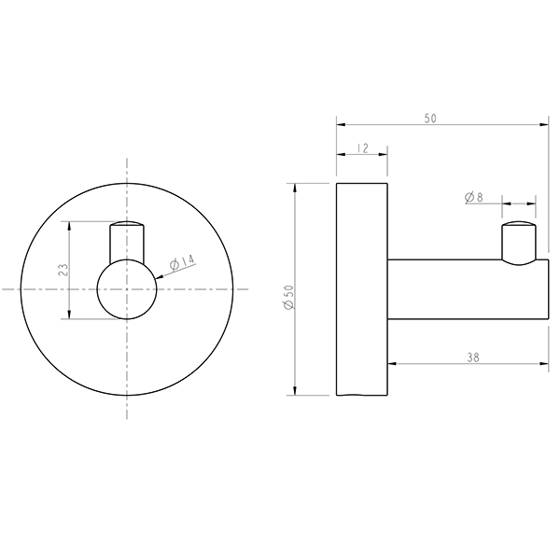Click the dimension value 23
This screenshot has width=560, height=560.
(63, 270)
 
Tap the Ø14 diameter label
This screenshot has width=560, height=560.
(183, 263)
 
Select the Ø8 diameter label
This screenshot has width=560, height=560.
(473, 197)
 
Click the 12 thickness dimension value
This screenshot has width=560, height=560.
(362, 148)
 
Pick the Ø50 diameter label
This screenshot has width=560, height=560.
(288, 298)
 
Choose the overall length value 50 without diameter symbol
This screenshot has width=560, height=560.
(430, 119)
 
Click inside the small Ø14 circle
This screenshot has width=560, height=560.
(127, 290)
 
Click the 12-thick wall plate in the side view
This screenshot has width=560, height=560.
(361, 289)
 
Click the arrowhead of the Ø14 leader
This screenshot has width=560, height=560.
(160, 276)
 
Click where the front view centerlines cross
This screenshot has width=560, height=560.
(127, 290)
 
